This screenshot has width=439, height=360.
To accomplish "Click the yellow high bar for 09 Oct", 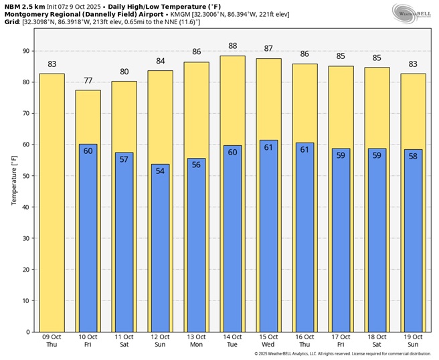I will pos(52,201).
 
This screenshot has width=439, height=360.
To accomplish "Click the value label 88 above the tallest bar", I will pos(233,46).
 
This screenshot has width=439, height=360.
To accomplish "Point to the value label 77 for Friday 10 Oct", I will pos(88,80).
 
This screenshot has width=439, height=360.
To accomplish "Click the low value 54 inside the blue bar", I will pos(161,171).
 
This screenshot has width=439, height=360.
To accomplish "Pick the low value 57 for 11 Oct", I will pos(124,160).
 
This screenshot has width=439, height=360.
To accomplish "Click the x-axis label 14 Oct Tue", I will pos(233,341).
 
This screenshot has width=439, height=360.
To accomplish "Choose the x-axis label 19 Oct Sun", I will pos(413,341).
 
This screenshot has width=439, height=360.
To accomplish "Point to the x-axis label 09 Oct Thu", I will pos(52,341).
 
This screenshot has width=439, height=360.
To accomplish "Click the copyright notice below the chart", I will pos(342,353).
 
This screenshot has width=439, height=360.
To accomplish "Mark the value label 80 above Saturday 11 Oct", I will pos(124,72).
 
